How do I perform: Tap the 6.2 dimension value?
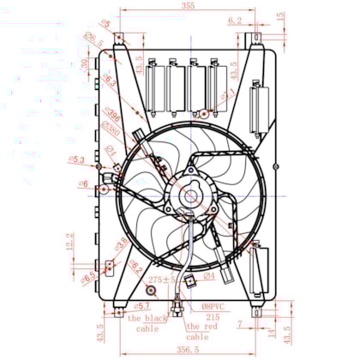(235, 20)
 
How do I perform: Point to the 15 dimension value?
(281, 16)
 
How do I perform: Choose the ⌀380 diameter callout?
(110, 128)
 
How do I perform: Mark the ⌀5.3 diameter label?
(75, 159)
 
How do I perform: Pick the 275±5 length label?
(161, 279)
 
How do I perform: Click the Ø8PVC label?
(214, 306)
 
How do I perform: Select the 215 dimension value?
(213, 316)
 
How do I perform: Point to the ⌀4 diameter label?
(208, 277)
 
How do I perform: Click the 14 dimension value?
(271, 330)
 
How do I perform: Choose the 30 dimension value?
(83, 63)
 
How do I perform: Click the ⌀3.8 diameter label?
(122, 243)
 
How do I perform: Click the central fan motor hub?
(190, 196)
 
